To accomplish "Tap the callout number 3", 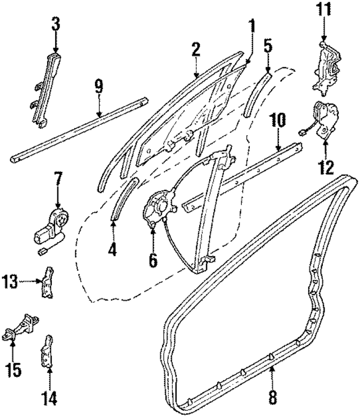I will tap(55, 25).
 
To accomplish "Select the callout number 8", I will tap(273, 398).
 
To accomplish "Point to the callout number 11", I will tap(325, 10).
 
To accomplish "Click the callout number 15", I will tap(13, 371).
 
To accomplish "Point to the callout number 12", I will tap(326, 167).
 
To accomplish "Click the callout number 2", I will tap(196, 50).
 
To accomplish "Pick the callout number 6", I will tap(153, 260).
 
